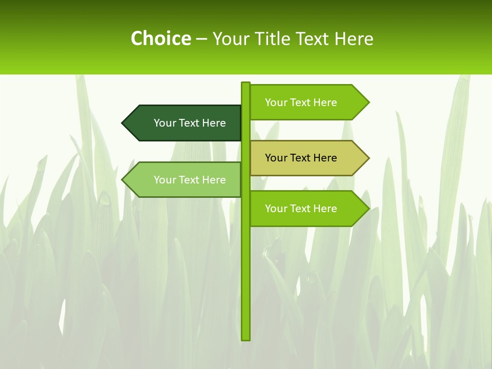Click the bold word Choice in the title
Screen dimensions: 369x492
click(x=160, y=38)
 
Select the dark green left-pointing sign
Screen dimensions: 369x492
click(x=184, y=123)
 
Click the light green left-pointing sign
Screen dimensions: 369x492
click(x=184, y=179)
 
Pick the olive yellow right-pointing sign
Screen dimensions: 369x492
click(x=307, y=158)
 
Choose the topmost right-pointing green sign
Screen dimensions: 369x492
click(x=307, y=102)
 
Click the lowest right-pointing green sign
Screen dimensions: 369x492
click(x=307, y=209)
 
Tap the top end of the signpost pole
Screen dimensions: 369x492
click(x=246, y=84)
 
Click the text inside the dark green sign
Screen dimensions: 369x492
click(x=190, y=123)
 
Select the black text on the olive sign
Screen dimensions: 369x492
click(x=301, y=158)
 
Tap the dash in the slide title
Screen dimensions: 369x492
click(x=201, y=39)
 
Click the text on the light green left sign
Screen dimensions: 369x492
click(x=190, y=180)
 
